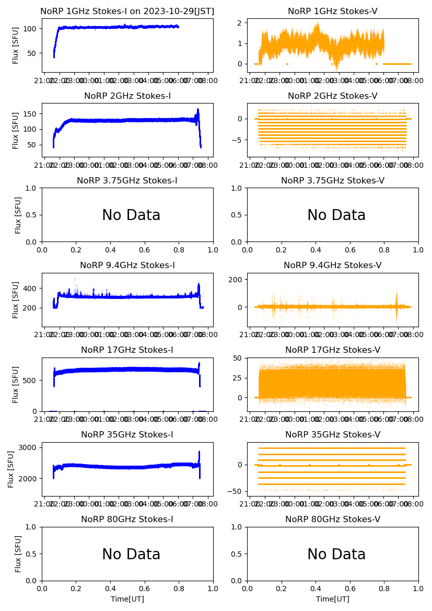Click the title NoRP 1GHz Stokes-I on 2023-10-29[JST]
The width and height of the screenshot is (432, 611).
127,11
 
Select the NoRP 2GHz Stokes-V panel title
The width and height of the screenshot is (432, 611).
332,96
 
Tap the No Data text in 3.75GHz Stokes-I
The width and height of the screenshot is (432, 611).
131,215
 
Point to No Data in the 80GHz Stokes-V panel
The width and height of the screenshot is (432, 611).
336,555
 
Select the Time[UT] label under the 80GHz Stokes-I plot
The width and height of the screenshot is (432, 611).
127,599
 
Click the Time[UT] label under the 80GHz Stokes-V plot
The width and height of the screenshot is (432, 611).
333,599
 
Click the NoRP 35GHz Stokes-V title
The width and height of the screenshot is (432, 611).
332,434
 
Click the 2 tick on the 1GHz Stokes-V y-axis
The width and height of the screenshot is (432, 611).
241,23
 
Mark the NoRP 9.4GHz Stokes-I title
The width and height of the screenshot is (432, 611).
127,265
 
